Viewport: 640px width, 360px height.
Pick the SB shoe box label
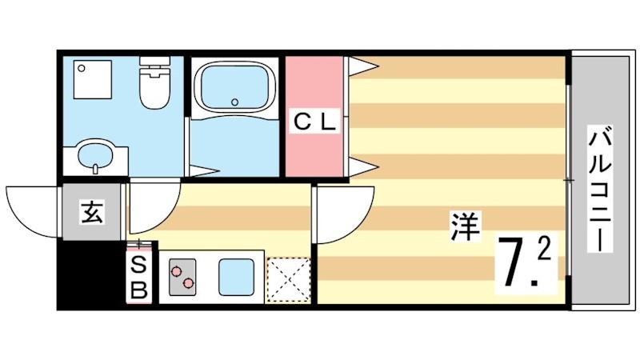pyautogui.click(x=139, y=277)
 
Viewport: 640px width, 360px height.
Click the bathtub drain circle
pyautogui.click(x=234, y=102)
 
